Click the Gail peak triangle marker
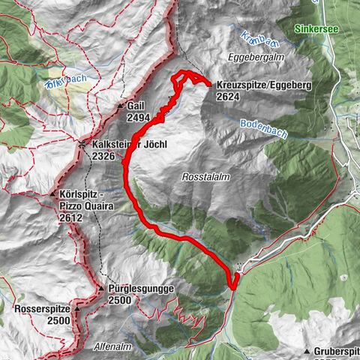tap(119, 107)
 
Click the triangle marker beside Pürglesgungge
tap(100, 288)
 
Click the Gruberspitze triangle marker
tap(307, 351)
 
